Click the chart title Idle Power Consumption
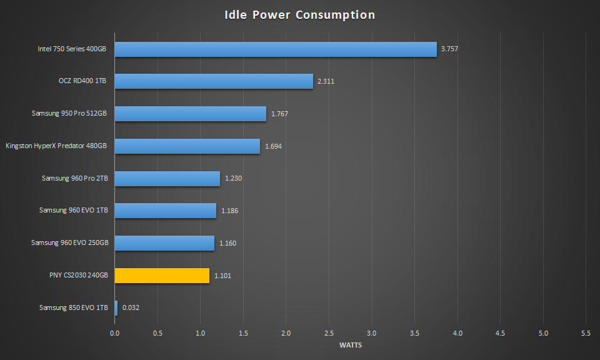pyautogui.click(x=300, y=15)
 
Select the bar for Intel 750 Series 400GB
pyautogui.click(x=276, y=49)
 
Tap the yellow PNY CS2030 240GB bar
pyautogui.click(x=162, y=276)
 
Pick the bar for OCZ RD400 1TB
pyautogui.click(x=214, y=81)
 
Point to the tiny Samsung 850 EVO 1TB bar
pyautogui.click(x=116, y=307)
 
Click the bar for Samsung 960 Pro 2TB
pyautogui.click(x=167, y=179)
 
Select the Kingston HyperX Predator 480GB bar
pyautogui.click(x=187, y=146)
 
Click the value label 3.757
pyautogui.click(x=449, y=49)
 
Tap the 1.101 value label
pyautogui.click(x=223, y=276)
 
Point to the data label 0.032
pyautogui.click(x=131, y=307)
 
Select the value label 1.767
pyautogui.click(x=279, y=114)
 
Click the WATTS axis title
pyautogui.click(x=350, y=345)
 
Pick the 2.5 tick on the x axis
pyautogui.click(x=329, y=334)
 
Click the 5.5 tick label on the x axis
pyautogui.click(x=586, y=334)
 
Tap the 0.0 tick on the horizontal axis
pyautogui.click(x=114, y=334)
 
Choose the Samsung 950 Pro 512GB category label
pyautogui.click(x=69, y=114)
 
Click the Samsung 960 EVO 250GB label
pyautogui.click(x=69, y=243)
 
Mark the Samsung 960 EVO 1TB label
pyautogui.click(x=73, y=211)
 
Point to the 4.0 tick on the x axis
pyautogui.click(x=457, y=334)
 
